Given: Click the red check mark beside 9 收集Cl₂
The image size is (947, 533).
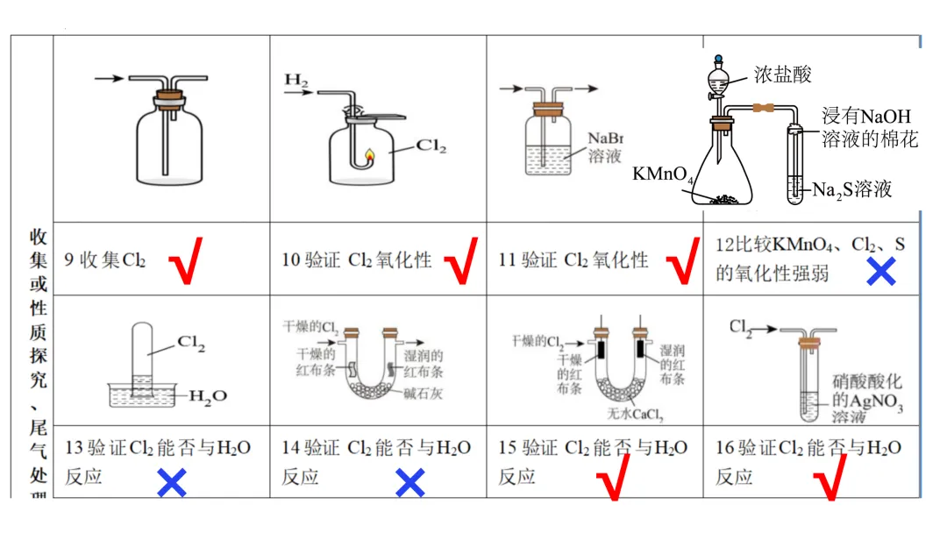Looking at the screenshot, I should pos(184,260).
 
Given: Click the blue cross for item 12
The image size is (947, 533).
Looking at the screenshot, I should pos(880,273).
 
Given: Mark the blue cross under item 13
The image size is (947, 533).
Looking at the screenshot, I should pos(171,482).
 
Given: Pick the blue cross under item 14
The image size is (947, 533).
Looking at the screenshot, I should pos(409,482).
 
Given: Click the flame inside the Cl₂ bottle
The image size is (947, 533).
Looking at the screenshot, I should pos(369,157).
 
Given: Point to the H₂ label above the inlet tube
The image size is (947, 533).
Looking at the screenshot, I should pos(296,82).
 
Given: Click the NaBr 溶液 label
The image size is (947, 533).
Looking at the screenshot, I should pos(604,147).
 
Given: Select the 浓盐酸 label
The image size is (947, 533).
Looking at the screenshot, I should pos(783,75).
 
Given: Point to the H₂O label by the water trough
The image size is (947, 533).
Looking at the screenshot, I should pos(208,395).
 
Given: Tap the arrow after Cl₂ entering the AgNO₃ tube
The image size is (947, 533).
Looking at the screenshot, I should pos(765,330).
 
